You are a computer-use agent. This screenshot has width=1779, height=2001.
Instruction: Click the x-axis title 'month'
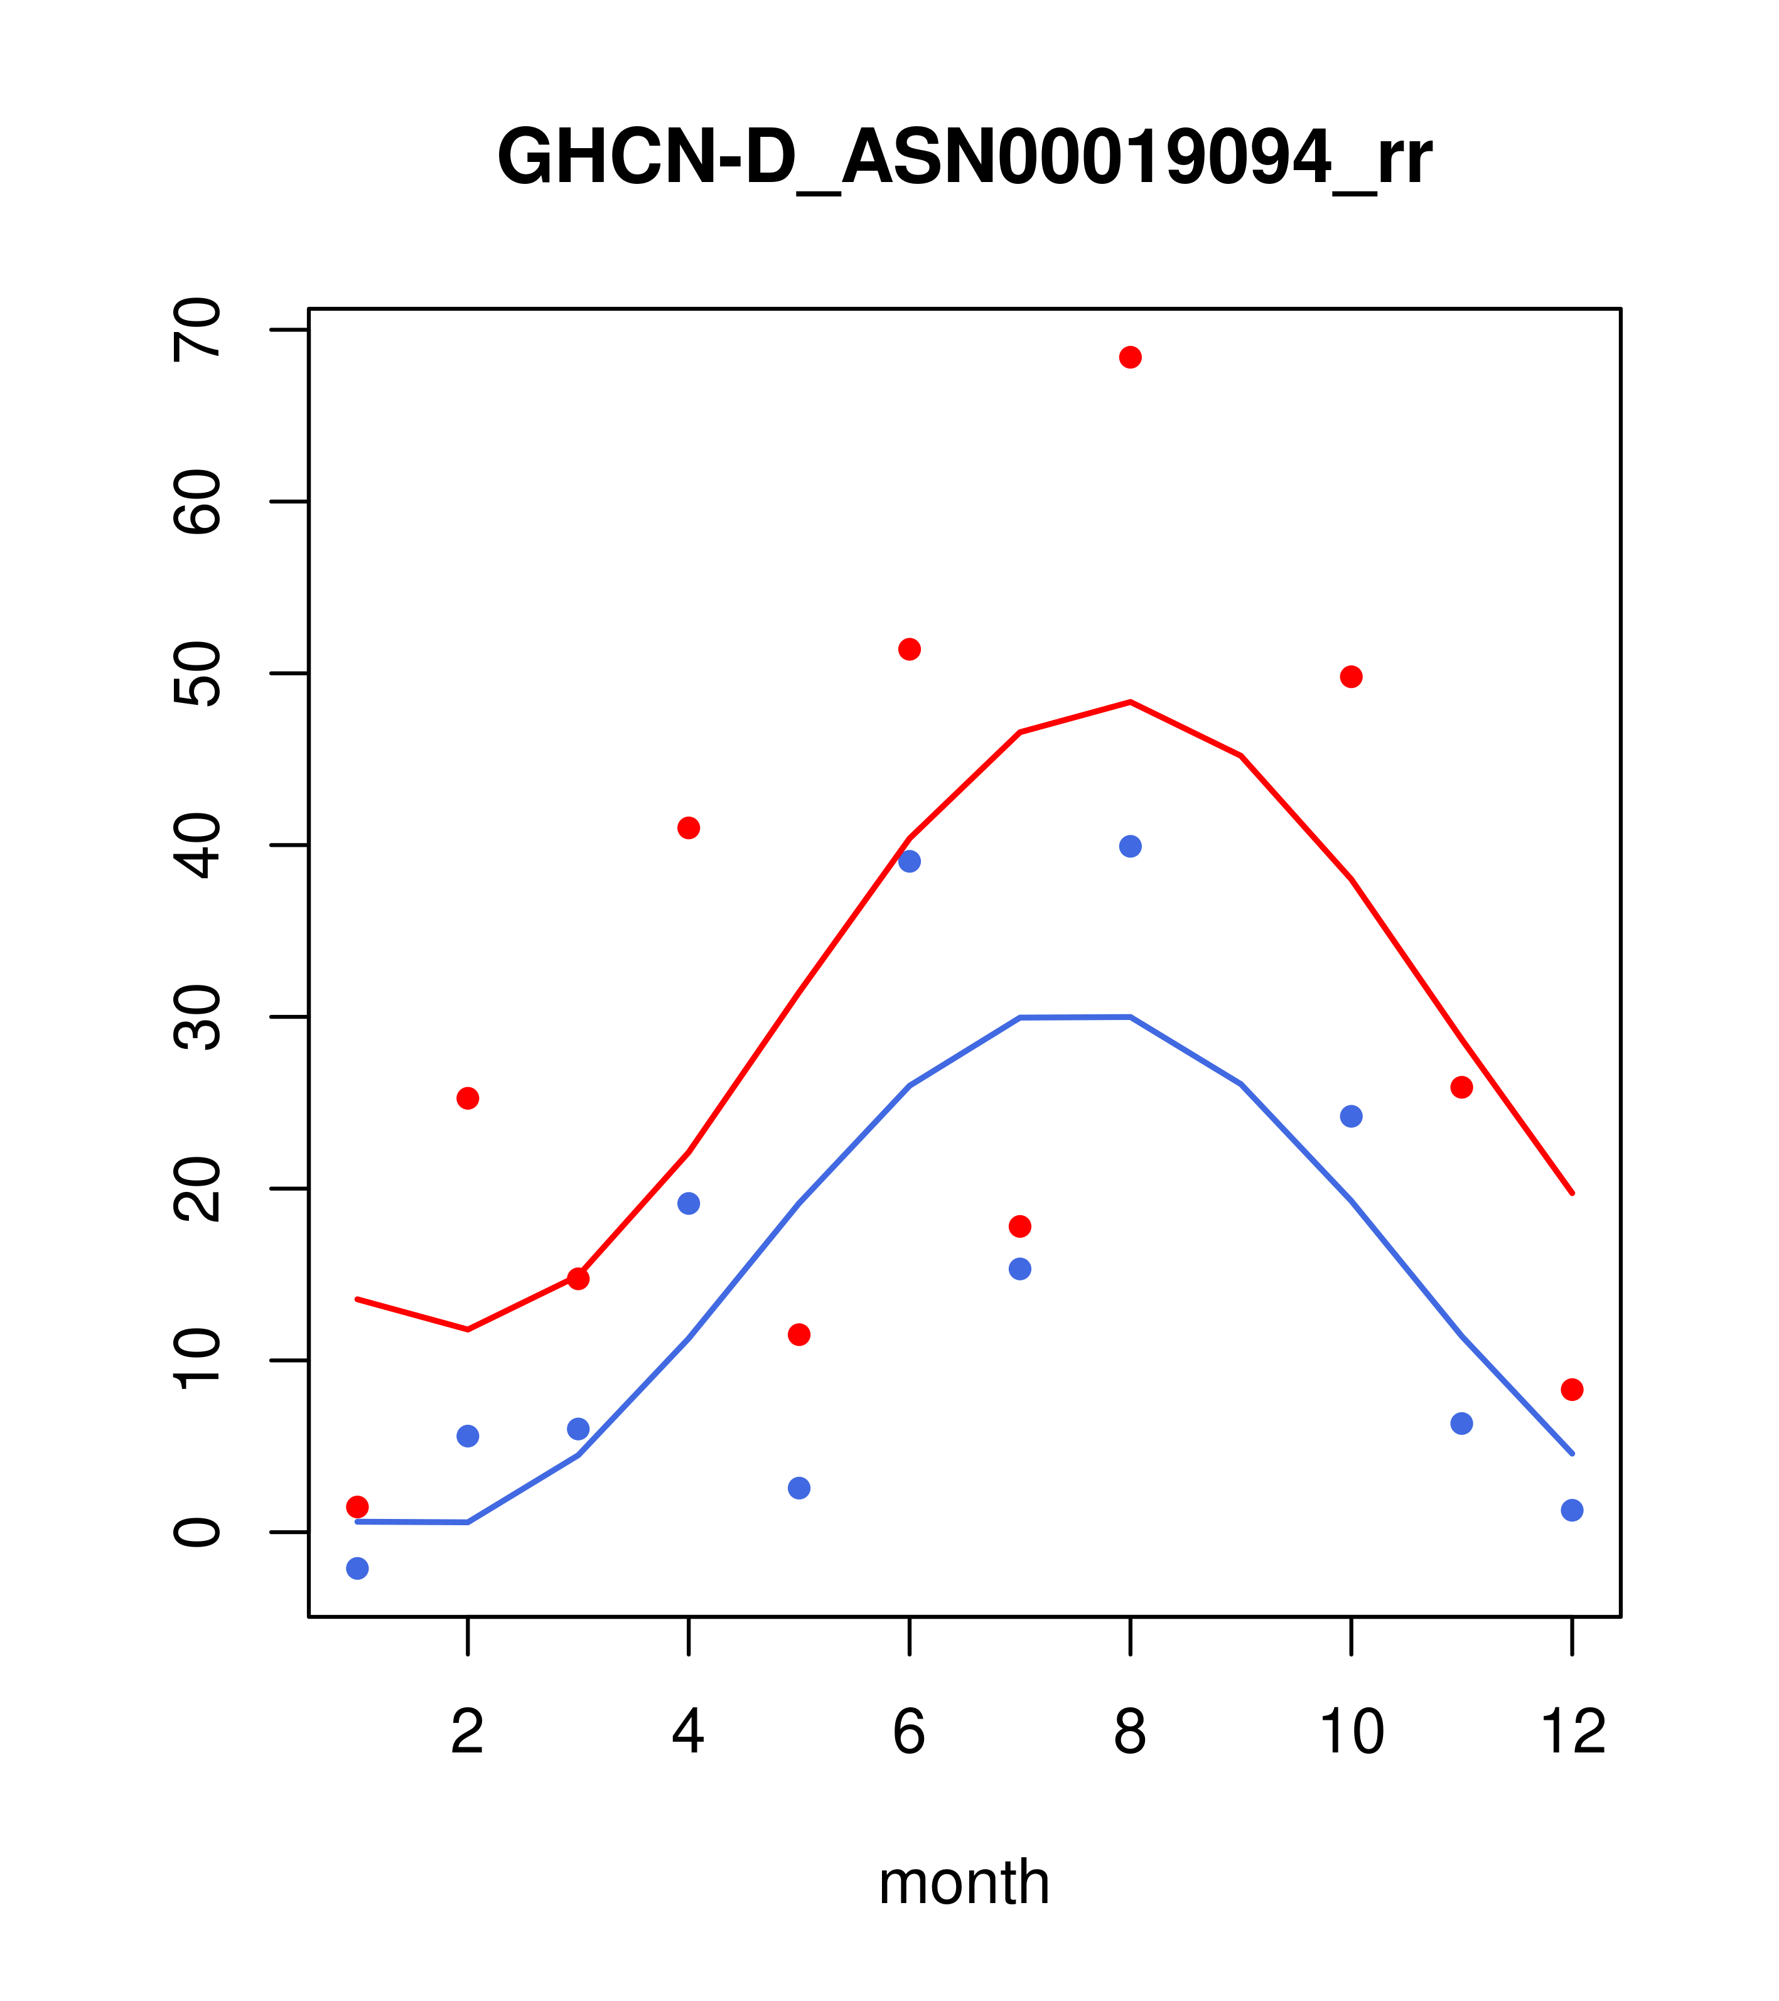point(964,1882)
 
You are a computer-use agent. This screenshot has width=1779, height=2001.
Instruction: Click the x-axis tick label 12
point(1572,1733)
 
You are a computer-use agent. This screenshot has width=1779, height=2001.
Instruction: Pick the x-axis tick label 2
point(468,1733)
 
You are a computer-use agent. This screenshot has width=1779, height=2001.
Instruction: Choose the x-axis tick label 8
point(1130,1733)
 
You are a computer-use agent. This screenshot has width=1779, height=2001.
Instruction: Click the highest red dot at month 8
point(1130,357)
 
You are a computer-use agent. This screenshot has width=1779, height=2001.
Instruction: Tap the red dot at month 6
point(910,649)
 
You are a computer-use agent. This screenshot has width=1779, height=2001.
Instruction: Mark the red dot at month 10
point(1351,677)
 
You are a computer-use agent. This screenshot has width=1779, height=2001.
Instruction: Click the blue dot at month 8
point(1130,846)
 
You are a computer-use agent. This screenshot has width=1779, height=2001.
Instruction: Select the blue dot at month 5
point(799,1488)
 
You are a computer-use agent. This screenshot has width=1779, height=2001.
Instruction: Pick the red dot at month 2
point(468,1098)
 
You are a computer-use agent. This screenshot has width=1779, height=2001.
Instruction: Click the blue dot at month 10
point(1351,1116)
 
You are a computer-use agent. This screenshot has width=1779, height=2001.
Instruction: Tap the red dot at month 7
point(1019,1226)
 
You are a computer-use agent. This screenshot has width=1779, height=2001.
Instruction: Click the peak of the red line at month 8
point(1130,702)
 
